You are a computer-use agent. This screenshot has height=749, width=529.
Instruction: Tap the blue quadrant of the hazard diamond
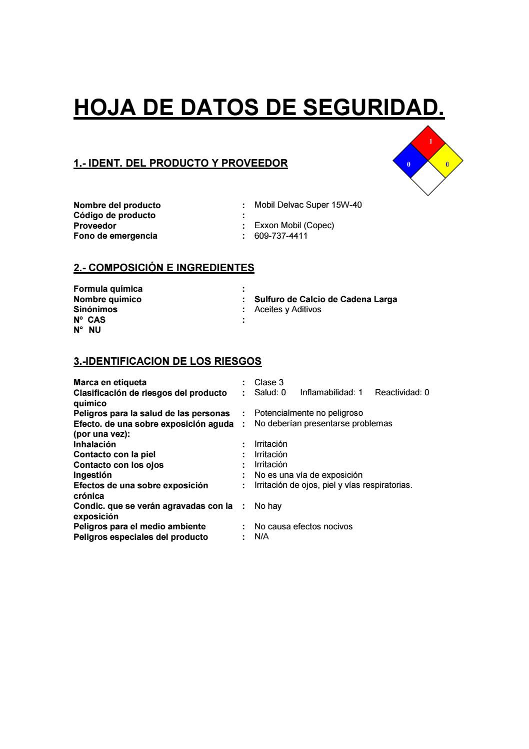coord(410,161)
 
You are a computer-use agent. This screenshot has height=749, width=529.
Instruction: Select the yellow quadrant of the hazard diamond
coord(445,161)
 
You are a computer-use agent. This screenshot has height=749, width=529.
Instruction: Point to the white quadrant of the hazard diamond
coord(428,179)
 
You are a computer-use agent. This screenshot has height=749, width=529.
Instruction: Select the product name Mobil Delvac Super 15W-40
coord(308,205)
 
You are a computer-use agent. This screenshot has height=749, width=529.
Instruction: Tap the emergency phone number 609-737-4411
coord(281,236)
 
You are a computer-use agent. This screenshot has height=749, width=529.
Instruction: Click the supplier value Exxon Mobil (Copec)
coord(294,225)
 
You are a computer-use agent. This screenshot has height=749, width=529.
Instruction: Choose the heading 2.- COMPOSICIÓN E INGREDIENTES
coord(164,268)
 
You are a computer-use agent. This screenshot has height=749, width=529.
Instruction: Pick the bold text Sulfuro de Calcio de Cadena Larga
coord(325,299)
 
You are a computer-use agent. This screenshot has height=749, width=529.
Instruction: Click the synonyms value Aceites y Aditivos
coord(287,309)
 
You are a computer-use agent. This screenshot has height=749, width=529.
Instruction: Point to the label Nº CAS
coord(89,320)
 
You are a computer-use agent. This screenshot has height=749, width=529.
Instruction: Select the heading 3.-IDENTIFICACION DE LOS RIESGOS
coord(167,361)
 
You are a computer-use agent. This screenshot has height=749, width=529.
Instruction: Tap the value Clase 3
coord(269,382)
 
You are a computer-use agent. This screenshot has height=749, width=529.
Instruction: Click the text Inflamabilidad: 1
coord(331,393)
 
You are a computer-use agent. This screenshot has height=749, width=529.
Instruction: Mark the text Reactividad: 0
coord(402,393)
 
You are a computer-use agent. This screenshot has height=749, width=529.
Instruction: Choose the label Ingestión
coord(92,475)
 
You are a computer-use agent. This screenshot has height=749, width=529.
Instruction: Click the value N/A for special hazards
coord(261,537)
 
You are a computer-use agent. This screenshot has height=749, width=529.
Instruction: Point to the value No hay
coord(268,506)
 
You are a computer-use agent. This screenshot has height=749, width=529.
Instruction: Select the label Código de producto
coord(114,215)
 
